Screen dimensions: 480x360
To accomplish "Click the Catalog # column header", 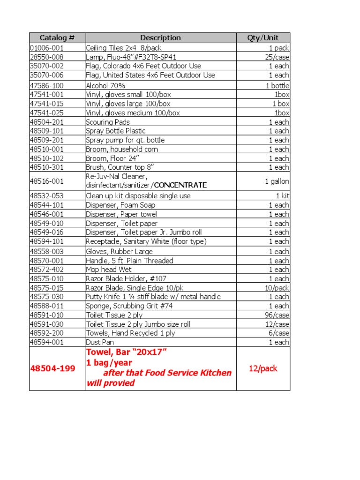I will [57, 38].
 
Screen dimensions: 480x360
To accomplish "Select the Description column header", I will [160, 38].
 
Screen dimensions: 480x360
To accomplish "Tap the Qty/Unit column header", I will [263, 38].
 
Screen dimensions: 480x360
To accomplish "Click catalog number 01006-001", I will [47, 48].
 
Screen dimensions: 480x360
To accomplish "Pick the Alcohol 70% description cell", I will [105, 86].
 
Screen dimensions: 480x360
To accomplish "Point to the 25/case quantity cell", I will [277, 57].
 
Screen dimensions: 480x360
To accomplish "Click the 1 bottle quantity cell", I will [277, 86].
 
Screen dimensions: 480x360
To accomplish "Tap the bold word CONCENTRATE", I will [180, 185].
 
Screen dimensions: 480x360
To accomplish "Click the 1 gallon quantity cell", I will [277, 181].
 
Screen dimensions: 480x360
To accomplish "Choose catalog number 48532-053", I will [47, 196].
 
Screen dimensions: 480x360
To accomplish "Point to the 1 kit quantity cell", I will [282, 196].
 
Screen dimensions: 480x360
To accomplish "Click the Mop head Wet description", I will [108, 270].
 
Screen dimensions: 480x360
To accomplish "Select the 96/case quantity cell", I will [277, 315].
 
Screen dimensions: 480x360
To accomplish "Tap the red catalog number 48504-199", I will [52, 368].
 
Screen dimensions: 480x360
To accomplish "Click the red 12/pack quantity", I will [263, 368].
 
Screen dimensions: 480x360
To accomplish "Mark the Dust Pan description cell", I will [100, 342].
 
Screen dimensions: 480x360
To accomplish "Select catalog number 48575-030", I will [47, 297].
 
